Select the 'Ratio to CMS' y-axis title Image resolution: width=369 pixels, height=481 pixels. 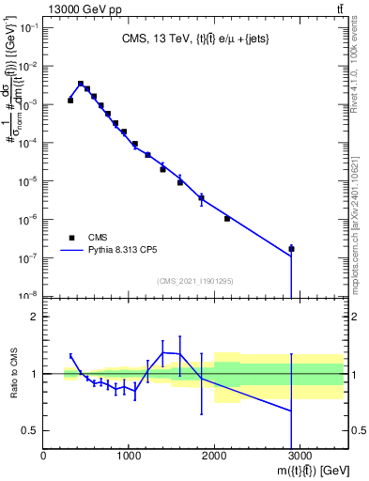click(x=13, y=374)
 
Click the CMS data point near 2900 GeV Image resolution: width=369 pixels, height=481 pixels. click(x=291, y=249)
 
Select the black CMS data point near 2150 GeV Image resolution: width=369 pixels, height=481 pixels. click(x=227, y=219)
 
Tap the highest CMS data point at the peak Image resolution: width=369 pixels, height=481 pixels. click(x=81, y=84)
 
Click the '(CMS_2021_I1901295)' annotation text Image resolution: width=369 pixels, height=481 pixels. click(x=195, y=281)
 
